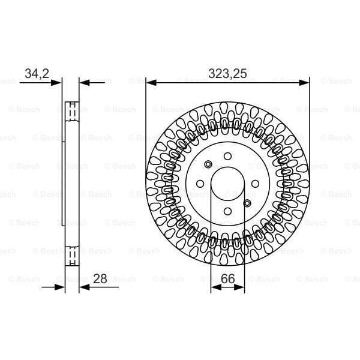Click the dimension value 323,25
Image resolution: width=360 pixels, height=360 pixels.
coord(227,74)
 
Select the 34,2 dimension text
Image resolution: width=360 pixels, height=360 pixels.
coord(37,74)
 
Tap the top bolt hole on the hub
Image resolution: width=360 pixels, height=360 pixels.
coord(228,157)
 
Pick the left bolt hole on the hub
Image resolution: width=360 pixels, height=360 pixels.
coord(202,183)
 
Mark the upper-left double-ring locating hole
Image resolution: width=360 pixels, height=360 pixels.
coord(208,164)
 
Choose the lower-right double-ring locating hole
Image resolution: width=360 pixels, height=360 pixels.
coord(247,202)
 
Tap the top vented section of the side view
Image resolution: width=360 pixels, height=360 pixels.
coord(71,111)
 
